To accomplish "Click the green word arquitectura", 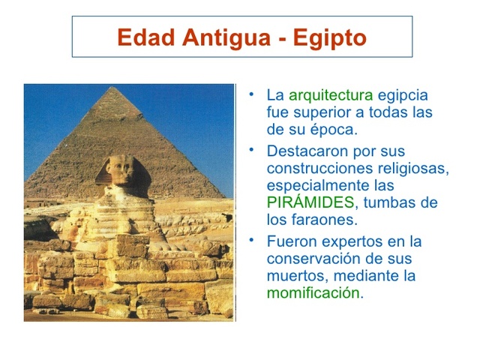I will click(x=330, y=96).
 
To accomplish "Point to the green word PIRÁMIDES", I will click(x=310, y=202).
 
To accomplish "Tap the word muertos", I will click(x=295, y=276).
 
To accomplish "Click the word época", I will click(x=333, y=130).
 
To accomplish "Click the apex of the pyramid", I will click(x=115, y=88).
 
